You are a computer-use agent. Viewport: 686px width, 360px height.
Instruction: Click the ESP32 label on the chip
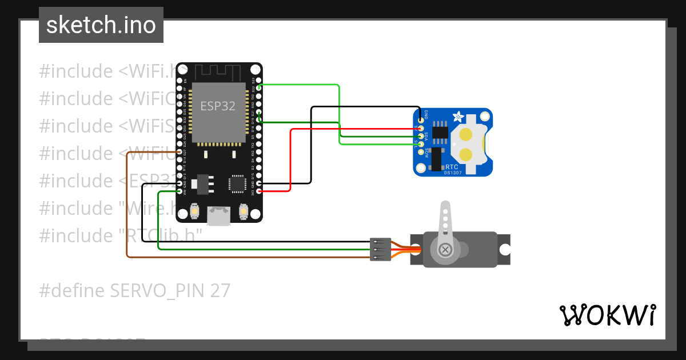point(217,106)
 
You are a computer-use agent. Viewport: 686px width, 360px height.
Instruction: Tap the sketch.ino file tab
point(101,25)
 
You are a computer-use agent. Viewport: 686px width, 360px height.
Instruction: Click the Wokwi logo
point(607,315)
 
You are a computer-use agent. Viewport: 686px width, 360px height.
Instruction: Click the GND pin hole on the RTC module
point(421,120)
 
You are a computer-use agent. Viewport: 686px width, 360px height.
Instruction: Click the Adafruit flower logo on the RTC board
point(458,117)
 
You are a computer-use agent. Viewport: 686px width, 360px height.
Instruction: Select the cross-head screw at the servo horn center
point(445,250)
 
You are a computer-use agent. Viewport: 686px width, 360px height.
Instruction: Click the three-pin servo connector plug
point(380,250)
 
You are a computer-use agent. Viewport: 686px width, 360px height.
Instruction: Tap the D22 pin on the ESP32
point(260,87)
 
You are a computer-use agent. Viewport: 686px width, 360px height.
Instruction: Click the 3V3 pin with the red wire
point(260,191)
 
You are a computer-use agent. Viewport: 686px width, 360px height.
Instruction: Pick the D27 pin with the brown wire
point(180,152)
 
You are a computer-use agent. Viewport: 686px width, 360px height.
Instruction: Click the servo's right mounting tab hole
point(505,250)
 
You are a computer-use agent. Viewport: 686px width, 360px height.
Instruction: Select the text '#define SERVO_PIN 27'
point(135,291)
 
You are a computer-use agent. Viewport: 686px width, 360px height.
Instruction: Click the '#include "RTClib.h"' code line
point(121,235)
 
